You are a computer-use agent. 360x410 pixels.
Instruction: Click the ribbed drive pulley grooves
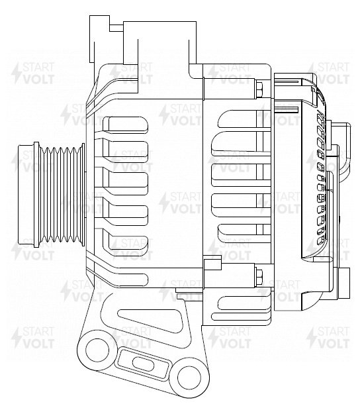click(x=62, y=194)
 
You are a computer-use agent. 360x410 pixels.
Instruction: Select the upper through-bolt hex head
click(x=260, y=89)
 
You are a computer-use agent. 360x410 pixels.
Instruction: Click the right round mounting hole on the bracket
click(x=189, y=378)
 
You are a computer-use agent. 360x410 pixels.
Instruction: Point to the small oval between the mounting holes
click(x=142, y=364)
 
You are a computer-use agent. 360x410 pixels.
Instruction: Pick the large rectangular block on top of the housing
click(x=159, y=43)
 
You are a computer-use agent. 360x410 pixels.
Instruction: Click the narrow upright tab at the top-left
click(x=99, y=39)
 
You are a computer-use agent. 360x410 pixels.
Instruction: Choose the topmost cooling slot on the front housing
click(x=125, y=124)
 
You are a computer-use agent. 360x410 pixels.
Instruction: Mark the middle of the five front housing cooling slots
click(x=125, y=183)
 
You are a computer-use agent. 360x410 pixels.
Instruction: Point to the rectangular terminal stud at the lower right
click(x=343, y=283)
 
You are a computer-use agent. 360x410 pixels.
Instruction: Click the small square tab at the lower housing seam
click(x=212, y=264)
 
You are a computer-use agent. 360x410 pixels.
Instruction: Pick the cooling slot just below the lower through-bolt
click(x=243, y=303)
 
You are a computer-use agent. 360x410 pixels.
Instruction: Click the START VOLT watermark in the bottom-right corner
click(x=328, y=337)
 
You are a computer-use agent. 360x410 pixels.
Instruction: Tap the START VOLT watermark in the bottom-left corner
click(x=33, y=337)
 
